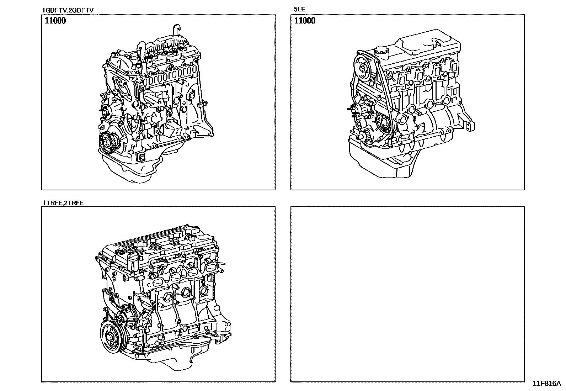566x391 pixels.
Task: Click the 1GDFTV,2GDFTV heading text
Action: (68, 10)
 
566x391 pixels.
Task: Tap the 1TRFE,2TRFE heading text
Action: (63, 203)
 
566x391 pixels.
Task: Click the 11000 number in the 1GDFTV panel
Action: (55, 21)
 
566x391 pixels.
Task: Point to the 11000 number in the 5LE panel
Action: (305, 21)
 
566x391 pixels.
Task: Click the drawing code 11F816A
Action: (546, 384)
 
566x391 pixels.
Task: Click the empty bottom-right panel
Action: (407, 294)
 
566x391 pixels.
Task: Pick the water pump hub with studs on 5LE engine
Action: (356, 110)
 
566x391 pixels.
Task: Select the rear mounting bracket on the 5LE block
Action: (469, 124)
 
